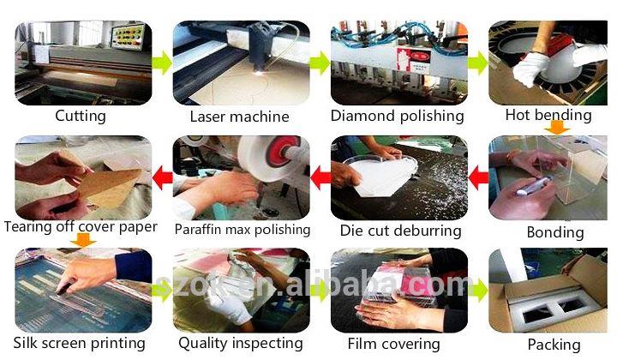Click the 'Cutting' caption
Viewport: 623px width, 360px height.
click(x=81, y=116)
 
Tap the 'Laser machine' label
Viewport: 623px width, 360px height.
click(x=239, y=117)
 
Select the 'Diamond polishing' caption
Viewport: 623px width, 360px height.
click(x=398, y=116)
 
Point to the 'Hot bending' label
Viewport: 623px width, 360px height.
click(x=548, y=115)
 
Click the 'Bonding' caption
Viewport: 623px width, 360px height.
click(x=555, y=232)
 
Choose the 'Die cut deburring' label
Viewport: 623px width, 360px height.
click(x=400, y=231)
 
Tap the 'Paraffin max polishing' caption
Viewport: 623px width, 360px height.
click(x=243, y=230)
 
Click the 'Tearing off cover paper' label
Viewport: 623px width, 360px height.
click(x=81, y=227)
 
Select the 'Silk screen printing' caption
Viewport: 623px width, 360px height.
click(x=80, y=343)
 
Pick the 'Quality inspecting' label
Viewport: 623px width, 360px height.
click(x=241, y=343)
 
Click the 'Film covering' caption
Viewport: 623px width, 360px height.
click(x=393, y=344)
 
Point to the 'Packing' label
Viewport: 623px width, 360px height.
click(x=554, y=345)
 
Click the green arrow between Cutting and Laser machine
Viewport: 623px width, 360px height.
click(x=162, y=63)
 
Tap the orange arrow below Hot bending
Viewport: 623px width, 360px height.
click(x=557, y=128)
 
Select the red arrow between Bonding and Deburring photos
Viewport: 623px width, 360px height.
click(x=478, y=177)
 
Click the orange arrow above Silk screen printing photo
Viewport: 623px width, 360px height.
click(x=82, y=240)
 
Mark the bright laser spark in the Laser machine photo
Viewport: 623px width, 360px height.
click(x=259, y=73)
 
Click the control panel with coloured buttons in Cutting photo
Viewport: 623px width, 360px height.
click(x=128, y=38)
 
